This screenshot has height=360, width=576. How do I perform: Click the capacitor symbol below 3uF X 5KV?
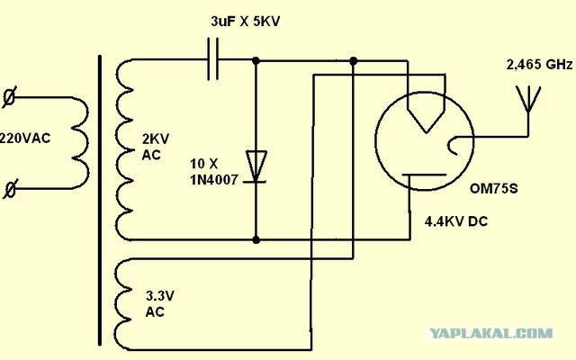point(212,59)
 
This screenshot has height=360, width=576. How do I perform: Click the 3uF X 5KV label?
point(246,21)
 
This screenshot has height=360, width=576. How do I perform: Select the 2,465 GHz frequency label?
point(539,65)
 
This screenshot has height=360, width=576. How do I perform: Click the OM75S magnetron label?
point(494,188)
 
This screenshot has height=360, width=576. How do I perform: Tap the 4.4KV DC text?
point(456,221)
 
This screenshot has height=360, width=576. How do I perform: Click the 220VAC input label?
point(24,139)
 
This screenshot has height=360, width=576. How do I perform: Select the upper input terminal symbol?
point(9,97)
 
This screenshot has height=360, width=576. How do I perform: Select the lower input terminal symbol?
point(10,189)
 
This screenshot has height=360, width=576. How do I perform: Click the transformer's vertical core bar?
point(100,200)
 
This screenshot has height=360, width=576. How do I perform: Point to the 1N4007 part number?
point(214,180)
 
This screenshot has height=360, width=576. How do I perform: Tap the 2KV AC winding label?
point(156,147)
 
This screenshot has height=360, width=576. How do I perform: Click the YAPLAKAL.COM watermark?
point(491,333)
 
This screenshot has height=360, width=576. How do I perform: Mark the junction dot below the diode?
point(256,240)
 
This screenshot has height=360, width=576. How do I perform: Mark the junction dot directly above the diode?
point(256,60)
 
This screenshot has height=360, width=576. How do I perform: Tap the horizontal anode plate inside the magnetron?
point(424,175)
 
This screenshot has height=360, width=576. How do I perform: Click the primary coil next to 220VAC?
point(81,143)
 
